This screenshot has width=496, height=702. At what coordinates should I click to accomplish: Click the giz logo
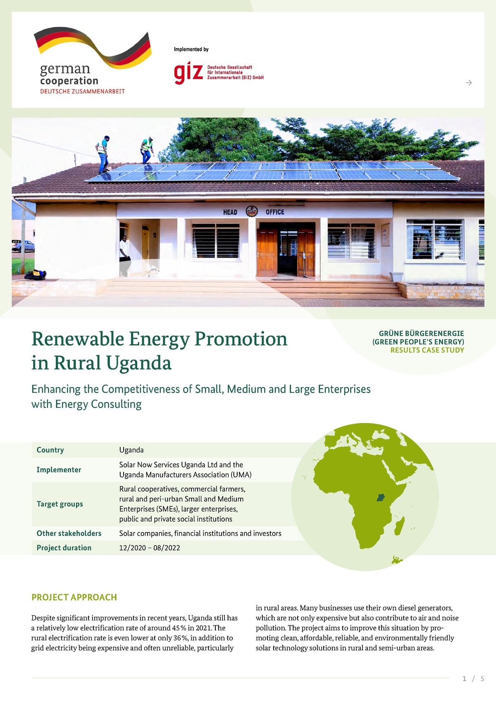(188, 73)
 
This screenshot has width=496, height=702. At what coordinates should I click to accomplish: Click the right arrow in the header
(469, 83)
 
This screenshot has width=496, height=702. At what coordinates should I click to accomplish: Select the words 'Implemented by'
(191, 49)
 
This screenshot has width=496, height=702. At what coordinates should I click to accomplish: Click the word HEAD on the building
(230, 212)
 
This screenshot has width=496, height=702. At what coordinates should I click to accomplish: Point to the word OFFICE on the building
(275, 212)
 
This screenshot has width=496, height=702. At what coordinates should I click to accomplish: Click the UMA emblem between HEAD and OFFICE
(252, 211)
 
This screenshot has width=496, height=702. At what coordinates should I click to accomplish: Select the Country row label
(50, 450)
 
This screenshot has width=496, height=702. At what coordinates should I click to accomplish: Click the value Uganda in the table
(131, 450)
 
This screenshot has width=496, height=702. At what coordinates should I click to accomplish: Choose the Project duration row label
(64, 548)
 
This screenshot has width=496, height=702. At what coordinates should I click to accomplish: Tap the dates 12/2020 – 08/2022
(150, 548)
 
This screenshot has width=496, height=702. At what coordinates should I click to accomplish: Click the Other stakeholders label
(69, 533)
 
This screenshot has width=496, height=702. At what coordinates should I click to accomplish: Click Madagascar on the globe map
(399, 528)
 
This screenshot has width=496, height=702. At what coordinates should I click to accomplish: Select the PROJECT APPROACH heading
(74, 597)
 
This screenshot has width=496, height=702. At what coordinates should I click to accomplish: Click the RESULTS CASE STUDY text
(427, 350)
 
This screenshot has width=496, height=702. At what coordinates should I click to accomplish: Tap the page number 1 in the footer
(464, 678)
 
